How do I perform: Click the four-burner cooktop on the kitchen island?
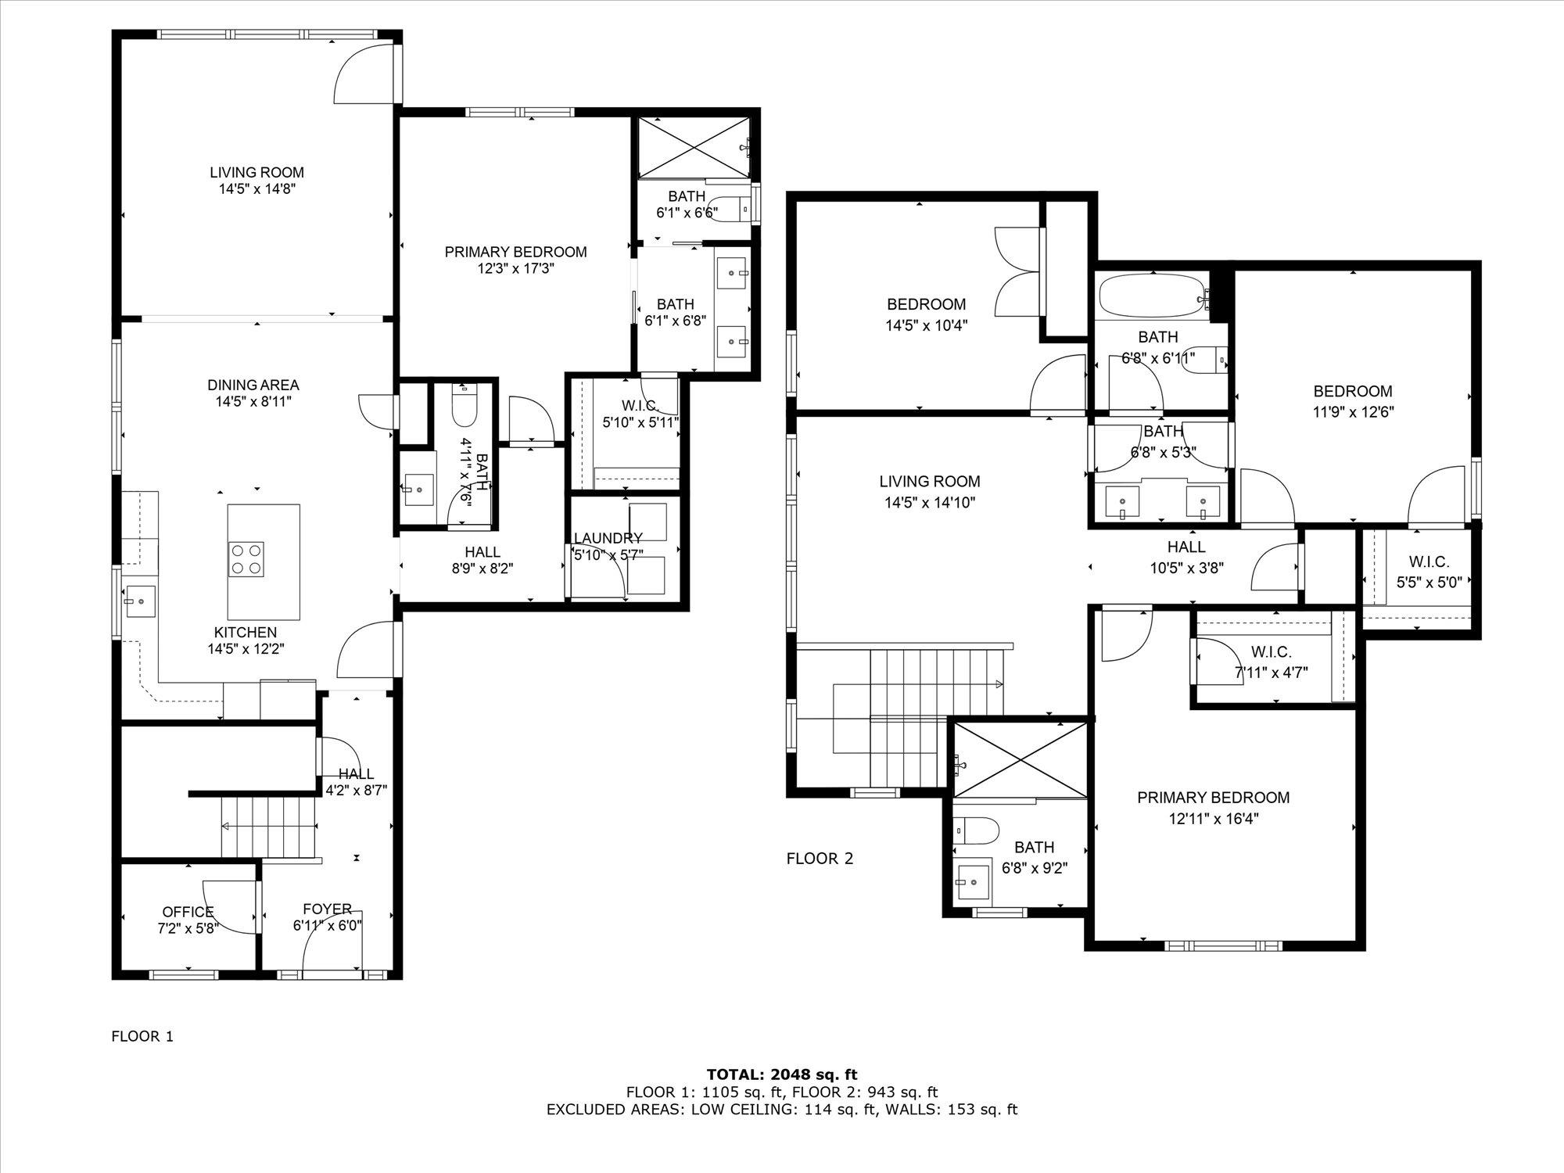(246, 559)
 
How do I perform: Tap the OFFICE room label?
(188, 912)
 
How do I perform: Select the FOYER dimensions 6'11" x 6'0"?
(327, 926)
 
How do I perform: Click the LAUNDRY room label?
(608, 538)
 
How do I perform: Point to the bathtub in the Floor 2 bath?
(1151, 297)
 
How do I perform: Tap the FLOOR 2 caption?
(820, 859)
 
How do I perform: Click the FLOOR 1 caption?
(142, 1037)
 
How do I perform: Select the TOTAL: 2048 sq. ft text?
(781, 1074)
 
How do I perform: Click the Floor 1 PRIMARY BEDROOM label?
(515, 252)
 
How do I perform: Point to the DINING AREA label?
(253, 385)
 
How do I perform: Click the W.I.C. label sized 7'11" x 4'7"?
(1271, 652)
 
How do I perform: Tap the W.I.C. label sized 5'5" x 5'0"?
(1429, 561)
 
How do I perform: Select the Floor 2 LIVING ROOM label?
(929, 482)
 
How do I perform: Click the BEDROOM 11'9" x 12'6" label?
(1352, 391)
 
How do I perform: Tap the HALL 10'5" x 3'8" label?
(1186, 547)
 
